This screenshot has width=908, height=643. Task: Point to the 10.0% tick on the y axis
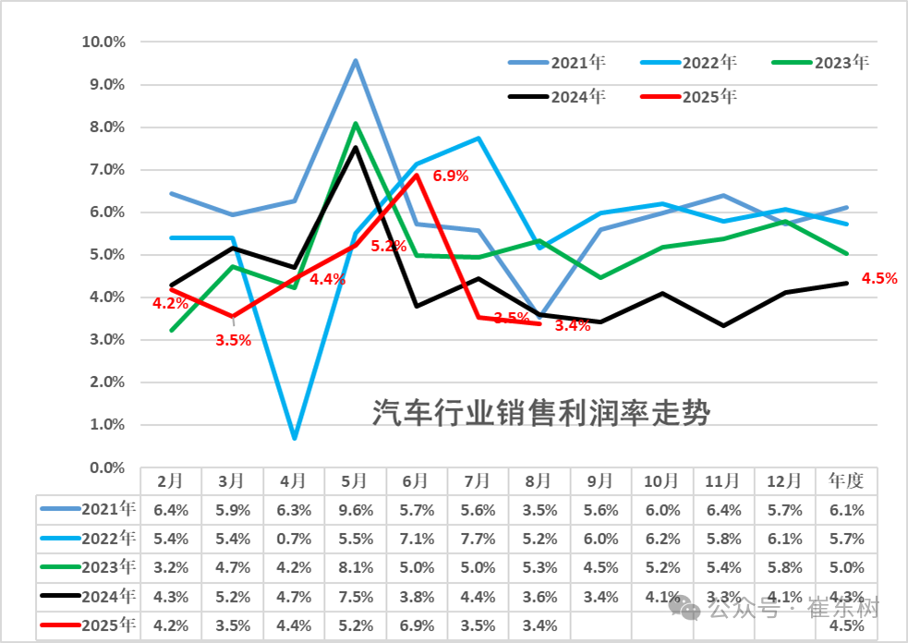point(103,42)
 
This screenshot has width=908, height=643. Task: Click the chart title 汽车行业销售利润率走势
point(541,413)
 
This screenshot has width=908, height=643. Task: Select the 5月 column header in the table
point(355,480)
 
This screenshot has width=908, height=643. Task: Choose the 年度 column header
point(846,480)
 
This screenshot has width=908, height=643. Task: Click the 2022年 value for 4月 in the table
point(294,538)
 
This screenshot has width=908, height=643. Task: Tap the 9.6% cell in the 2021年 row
point(355,508)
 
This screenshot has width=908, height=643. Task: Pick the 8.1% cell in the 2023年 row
point(355,567)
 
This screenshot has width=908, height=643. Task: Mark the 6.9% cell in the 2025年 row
point(417,625)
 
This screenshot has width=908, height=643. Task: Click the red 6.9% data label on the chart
point(451,176)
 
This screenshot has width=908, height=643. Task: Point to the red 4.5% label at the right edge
point(878,278)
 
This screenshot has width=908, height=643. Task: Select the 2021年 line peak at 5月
point(356,61)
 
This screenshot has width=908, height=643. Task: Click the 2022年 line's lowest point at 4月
point(294,437)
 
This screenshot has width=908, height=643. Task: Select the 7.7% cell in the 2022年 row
point(478,538)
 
